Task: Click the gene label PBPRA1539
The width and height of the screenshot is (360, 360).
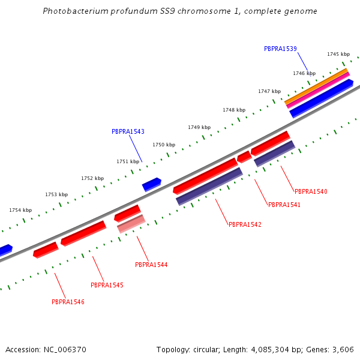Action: (280, 49)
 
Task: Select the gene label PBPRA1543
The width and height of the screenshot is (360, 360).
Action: (128, 131)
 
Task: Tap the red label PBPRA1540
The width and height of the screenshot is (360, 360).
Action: (311, 191)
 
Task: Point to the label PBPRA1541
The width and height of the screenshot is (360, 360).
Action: (284, 205)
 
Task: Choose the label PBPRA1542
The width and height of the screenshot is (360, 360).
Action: (245, 224)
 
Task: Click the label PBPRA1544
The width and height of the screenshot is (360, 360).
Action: (151, 265)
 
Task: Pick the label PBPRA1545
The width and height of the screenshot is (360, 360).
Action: (107, 285)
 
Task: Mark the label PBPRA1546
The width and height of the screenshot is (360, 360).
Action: (68, 302)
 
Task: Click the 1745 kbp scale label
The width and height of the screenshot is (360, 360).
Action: (338, 54)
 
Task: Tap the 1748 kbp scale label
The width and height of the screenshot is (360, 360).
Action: (234, 110)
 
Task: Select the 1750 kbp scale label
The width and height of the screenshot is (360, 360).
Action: (164, 145)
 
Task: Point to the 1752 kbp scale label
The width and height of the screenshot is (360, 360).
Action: (92, 178)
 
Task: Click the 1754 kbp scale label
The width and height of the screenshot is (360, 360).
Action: (20, 210)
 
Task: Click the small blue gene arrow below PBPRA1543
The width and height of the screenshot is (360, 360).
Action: (152, 184)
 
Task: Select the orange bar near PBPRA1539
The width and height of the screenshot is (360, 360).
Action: (316, 86)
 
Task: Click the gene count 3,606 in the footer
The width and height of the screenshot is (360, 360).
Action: (344, 349)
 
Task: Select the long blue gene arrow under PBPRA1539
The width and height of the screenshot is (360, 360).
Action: (321, 98)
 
